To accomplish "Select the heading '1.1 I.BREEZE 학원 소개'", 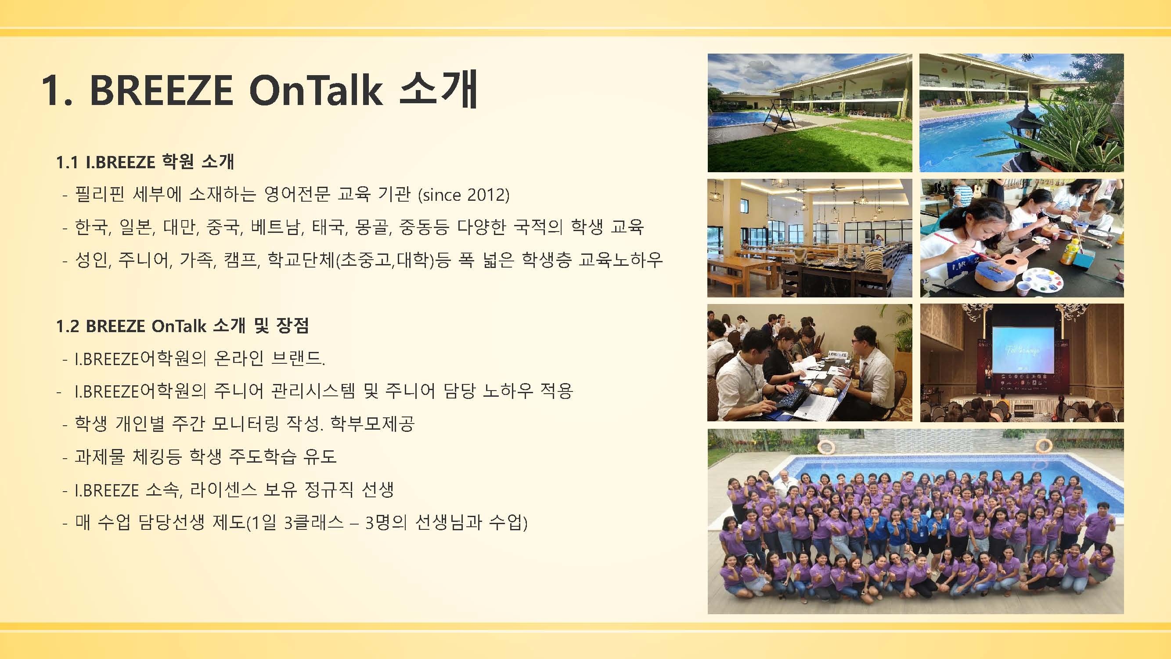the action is click(x=145, y=162).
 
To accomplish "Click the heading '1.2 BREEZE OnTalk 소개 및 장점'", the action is click(x=182, y=326).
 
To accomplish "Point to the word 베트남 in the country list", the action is click(x=276, y=227).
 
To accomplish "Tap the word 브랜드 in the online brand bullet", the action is click(x=297, y=358).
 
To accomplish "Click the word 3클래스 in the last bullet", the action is click(x=313, y=522).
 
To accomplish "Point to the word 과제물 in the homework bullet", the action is click(x=100, y=456).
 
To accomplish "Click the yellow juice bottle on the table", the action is click(x=1067, y=253).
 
